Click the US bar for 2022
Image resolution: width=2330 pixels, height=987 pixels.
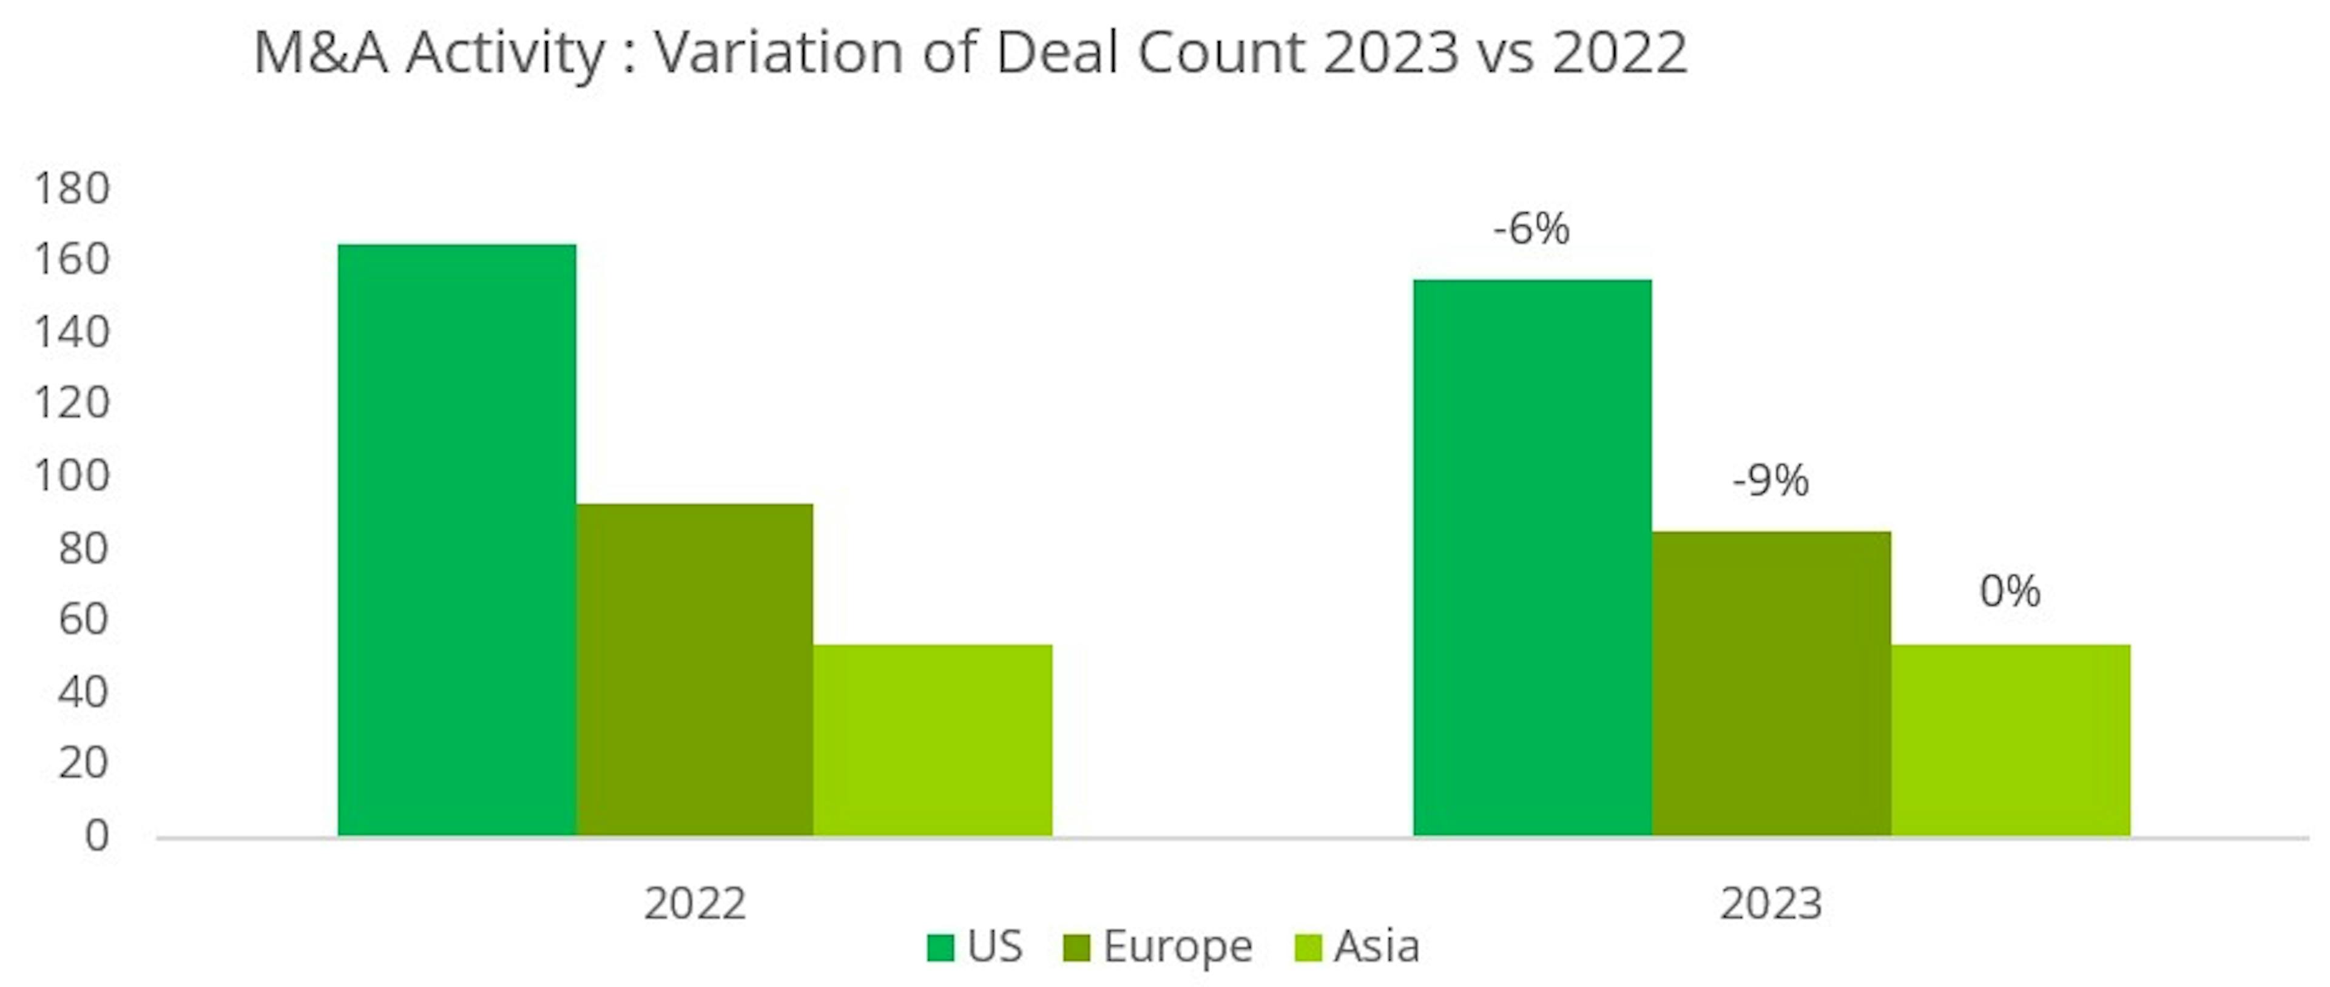pos(457,540)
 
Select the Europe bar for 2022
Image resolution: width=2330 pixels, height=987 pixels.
pos(695,670)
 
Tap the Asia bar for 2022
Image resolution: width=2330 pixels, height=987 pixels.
pos(933,740)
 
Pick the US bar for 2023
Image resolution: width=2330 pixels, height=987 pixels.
pos(1532,558)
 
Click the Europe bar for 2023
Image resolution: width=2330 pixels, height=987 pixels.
pos(1771,683)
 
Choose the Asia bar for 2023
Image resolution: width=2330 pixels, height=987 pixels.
pos(2010,740)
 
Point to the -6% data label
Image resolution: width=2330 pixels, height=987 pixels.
pos(1531,229)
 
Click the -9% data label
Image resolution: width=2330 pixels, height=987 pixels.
pos(1770,480)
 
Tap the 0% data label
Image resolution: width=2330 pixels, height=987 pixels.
pos(2010,591)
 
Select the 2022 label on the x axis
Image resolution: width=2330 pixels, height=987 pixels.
pos(695,903)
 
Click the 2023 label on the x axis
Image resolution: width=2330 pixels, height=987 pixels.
pos(1770,903)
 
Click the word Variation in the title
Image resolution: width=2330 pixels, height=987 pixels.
pos(778,52)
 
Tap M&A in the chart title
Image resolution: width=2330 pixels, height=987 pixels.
pos(320,52)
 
